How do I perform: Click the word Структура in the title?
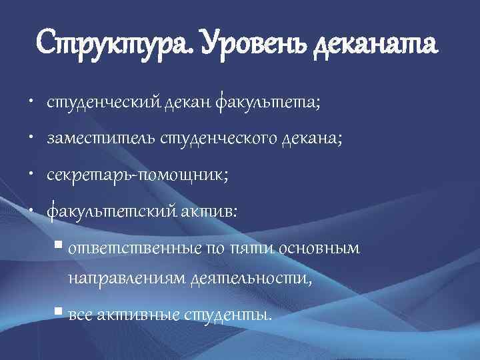(113, 45)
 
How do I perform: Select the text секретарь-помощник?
(137, 175)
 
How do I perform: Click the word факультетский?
(110, 211)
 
